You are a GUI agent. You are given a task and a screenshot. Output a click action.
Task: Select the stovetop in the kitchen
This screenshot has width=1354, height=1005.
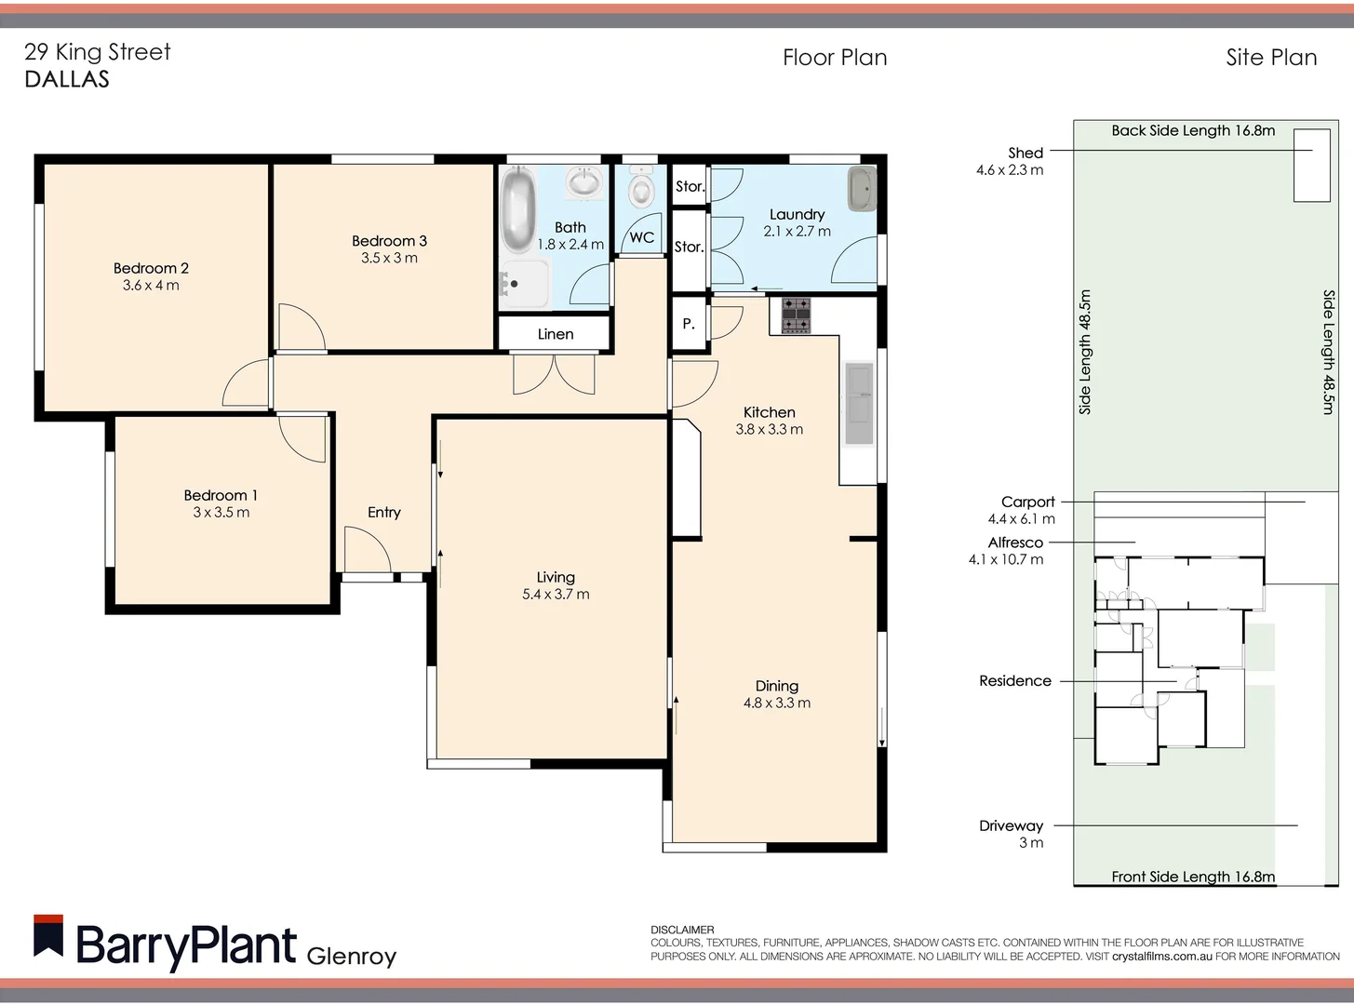point(796,315)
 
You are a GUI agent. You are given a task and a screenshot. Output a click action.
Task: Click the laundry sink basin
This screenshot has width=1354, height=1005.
point(862,189)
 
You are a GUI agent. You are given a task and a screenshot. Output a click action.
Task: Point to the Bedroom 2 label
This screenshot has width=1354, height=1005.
point(151,268)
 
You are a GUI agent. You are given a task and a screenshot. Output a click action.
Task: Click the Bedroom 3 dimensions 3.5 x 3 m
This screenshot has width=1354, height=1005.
point(389,258)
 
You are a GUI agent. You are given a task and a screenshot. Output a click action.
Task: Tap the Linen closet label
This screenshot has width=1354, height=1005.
point(555,334)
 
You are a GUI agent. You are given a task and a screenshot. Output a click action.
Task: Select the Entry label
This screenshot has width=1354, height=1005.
point(383,512)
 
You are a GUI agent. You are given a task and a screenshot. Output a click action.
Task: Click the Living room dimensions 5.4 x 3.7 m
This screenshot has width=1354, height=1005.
point(556,594)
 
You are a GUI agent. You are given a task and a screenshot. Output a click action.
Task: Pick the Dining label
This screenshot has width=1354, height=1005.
point(776,686)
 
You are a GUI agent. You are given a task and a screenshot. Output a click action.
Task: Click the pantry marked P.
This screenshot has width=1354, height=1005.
point(689,324)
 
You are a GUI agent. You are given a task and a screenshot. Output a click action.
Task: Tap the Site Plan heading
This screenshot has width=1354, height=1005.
point(1270,58)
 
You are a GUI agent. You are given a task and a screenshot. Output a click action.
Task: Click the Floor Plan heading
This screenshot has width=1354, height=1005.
point(835,58)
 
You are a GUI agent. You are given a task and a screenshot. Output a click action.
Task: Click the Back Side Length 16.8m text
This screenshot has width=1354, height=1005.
point(1192,130)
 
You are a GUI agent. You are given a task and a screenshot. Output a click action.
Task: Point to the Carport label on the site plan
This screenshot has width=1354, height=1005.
point(1027,502)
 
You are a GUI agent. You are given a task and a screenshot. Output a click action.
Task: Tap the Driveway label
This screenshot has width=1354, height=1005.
point(1011,825)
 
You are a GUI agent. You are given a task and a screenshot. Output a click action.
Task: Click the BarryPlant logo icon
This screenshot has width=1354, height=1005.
point(48,937)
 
